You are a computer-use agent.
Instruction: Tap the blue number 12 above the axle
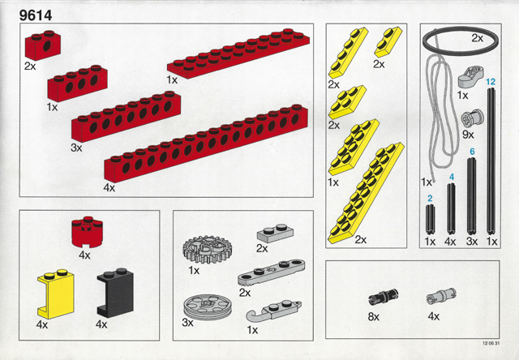[x=490, y=82]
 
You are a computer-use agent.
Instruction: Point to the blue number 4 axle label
[x=451, y=176]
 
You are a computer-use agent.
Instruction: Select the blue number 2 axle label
[x=431, y=198]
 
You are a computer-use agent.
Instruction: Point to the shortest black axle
[x=431, y=220]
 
